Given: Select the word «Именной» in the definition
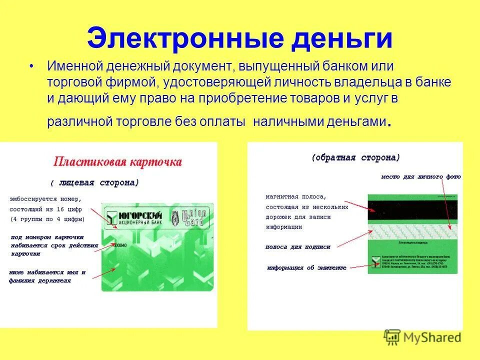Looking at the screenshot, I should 75,66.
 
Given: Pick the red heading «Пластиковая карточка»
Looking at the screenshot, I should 117,162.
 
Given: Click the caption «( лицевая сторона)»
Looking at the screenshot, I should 94,182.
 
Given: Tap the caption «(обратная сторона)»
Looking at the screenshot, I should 355,157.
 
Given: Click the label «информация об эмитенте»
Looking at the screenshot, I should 306,267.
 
